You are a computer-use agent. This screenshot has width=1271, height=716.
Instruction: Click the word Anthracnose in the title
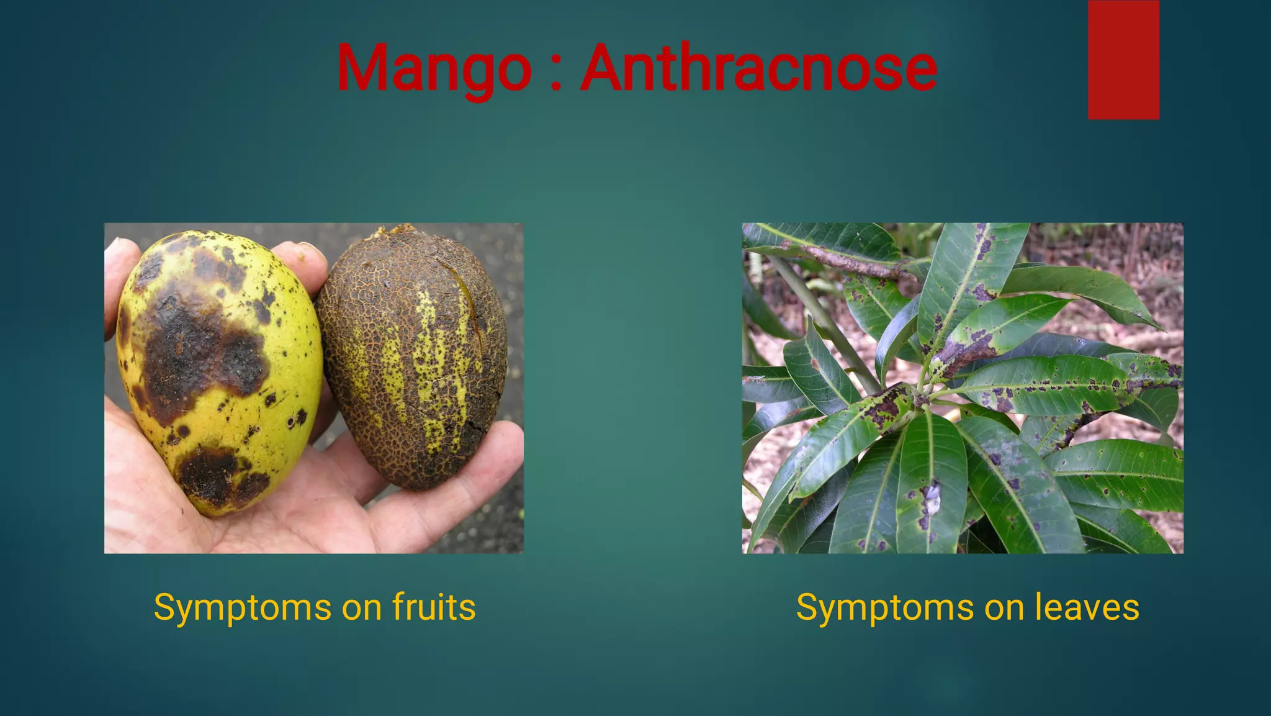[758, 68]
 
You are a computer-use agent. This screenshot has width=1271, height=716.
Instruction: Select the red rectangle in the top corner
[1123, 60]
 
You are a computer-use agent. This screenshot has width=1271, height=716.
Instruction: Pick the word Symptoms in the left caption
[243, 609]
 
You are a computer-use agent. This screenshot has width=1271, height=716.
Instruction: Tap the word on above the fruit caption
[361, 609]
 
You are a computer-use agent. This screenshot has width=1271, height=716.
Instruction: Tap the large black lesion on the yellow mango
[199, 354]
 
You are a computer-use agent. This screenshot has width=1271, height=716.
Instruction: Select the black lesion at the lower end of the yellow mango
[214, 475]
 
